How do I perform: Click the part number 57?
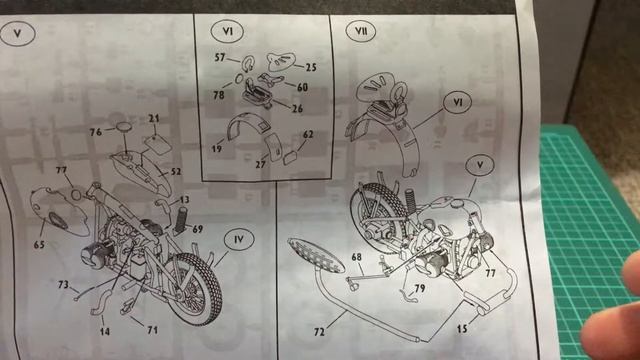pyautogui.click(x=220, y=58)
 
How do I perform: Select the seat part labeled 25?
pyautogui.click(x=281, y=61)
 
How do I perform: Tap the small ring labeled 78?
pyautogui.click(x=239, y=78)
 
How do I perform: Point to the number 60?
pyautogui.click(x=302, y=87)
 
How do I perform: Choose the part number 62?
pyautogui.click(x=308, y=134)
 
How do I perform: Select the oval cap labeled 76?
pyautogui.click(x=124, y=127)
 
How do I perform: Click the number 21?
pyautogui.click(x=154, y=118)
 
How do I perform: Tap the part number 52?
pyautogui.click(x=176, y=172)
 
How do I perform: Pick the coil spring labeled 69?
pyautogui.click(x=181, y=220)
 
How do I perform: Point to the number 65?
pyautogui.click(x=39, y=245)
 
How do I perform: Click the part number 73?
pyautogui.click(x=63, y=284)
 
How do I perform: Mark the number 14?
pyautogui.click(x=105, y=331)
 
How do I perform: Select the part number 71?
pyautogui.click(x=153, y=329)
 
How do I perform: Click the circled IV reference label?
pyautogui.click(x=239, y=240)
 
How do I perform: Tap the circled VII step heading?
pyautogui.click(x=360, y=31)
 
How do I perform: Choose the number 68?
pyautogui.click(x=356, y=257)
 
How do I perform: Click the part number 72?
pyautogui.click(x=319, y=332)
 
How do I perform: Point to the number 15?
pyautogui.click(x=462, y=329)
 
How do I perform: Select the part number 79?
pyautogui.click(x=420, y=289)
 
